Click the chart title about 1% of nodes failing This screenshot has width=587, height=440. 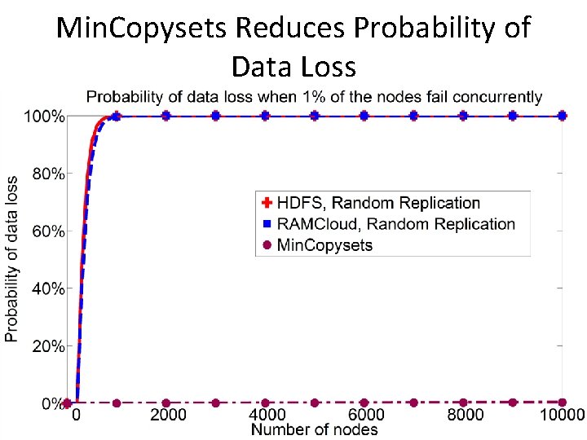click(x=314, y=97)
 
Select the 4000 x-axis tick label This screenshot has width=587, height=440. click(x=265, y=415)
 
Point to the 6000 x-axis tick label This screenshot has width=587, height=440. click(x=364, y=415)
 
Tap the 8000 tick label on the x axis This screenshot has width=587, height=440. click(x=463, y=415)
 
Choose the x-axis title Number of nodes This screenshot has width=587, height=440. click(x=315, y=429)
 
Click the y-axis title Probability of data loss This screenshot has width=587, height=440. click(x=11, y=259)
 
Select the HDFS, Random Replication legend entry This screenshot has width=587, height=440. click(x=378, y=203)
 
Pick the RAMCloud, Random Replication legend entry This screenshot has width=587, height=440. click(x=395, y=223)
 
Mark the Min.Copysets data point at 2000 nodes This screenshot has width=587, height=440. click(x=166, y=403)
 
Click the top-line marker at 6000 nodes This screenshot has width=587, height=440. click(x=364, y=117)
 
